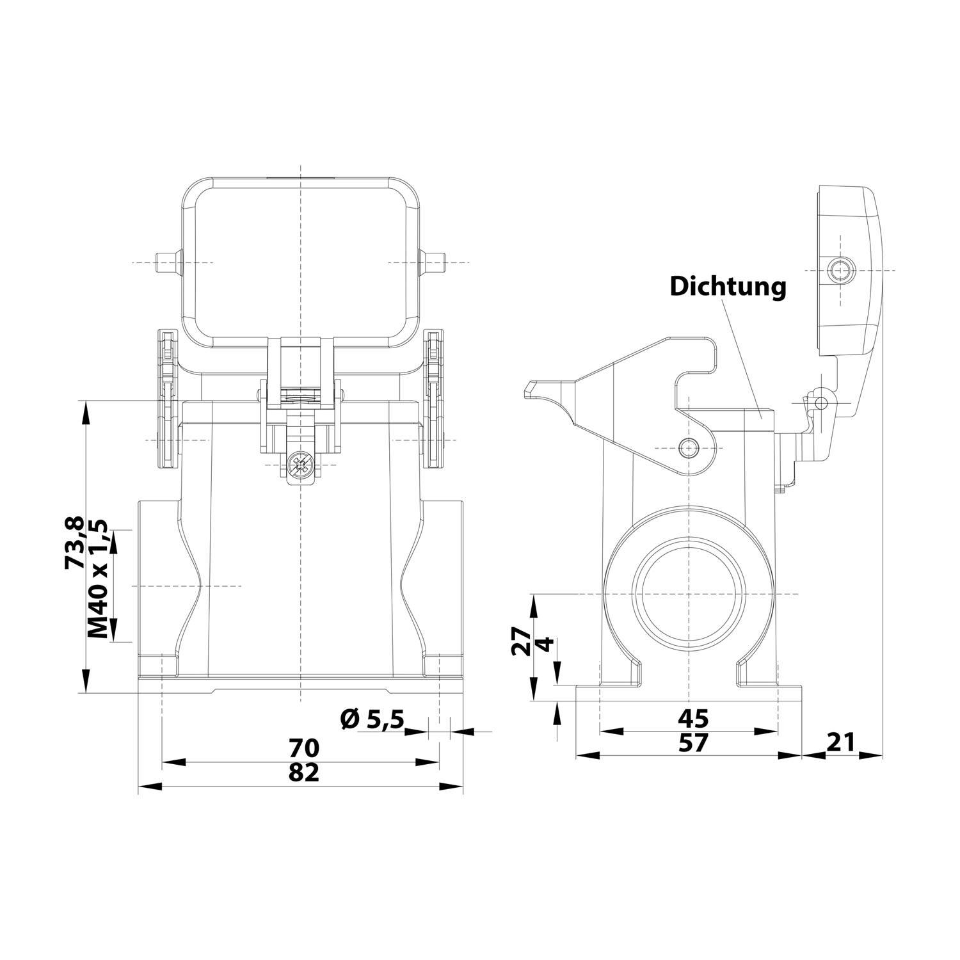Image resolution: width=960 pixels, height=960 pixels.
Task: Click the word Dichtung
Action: [x=728, y=286]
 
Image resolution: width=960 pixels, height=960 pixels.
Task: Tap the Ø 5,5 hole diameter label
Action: [x=372, y=719]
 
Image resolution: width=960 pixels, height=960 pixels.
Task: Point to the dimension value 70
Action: [x=303, y=747]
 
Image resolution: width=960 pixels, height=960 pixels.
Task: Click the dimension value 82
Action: [x=303, y=772]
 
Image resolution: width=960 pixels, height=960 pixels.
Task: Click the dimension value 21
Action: [x=841, y=742]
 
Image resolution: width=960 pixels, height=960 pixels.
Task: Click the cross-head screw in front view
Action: [x=300, y=465]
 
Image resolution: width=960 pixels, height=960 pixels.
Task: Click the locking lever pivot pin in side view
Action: [x=688, y=448]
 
